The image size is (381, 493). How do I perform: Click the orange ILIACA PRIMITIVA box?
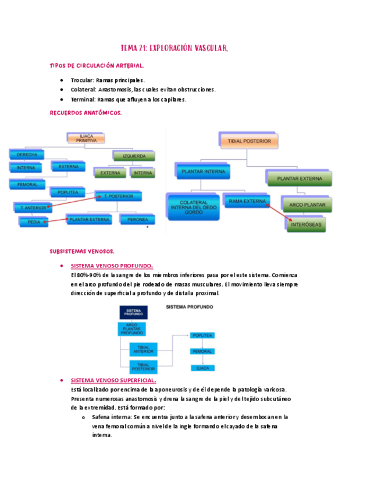pyautogui.click(x=86, y=138)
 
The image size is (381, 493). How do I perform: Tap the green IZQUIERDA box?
pyautogui.click(x=134, y=156)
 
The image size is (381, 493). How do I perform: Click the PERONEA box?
pyautogui.click(x=137, y=219)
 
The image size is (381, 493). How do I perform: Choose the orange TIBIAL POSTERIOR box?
pyautogui.click(x=249, y=141)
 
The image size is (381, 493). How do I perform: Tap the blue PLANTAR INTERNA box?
pyautogui.click(x=203, y=172)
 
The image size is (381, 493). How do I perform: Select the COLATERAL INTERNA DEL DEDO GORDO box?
pyautogui.click(x=194, y=207)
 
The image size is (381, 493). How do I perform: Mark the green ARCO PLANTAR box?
pyautogui.click(x=307, y=205)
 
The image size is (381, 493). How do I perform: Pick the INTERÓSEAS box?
pyautogui.click(x=307, y=223)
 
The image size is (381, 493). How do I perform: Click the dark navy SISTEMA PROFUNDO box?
pyautogui.click(x=133, y=313)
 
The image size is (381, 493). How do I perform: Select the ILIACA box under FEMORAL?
pyautogui.click(x=202, y=368)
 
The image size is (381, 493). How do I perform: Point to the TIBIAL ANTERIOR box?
pyautogui.click(x=143, y=349)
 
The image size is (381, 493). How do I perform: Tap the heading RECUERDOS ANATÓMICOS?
pyautogui.click(x=86, y=113)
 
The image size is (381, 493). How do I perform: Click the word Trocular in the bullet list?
pyautogui.click(x=83, y=80)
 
